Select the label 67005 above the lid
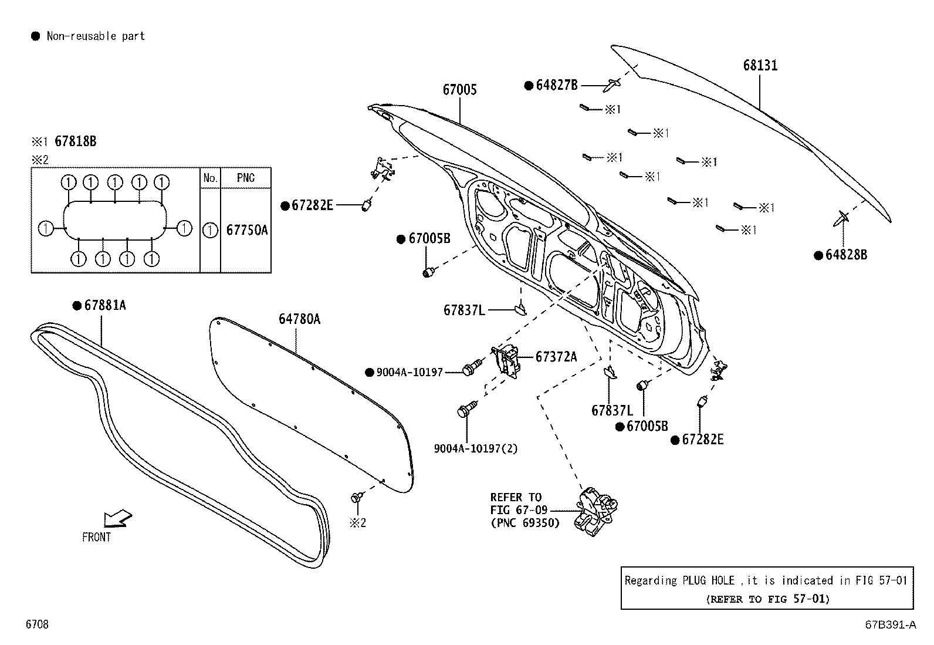tap(459, 90)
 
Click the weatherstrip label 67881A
tap(104, 305)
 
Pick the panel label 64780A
tap(299, 319)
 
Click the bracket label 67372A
tap(556, 356)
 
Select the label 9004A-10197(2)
tap(476, 448)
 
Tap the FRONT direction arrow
tap(117, 519)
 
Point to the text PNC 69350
tap(525, 522)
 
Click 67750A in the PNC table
tap(246, 230)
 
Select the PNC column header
tap(246, 178)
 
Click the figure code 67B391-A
tap(889, 624)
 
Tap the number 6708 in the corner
tap(36, 624)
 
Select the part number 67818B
tap(75, 141)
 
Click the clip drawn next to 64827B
tap(612, 84)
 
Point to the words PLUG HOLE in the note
tap(708, 580)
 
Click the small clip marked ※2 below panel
tap(356, 498)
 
